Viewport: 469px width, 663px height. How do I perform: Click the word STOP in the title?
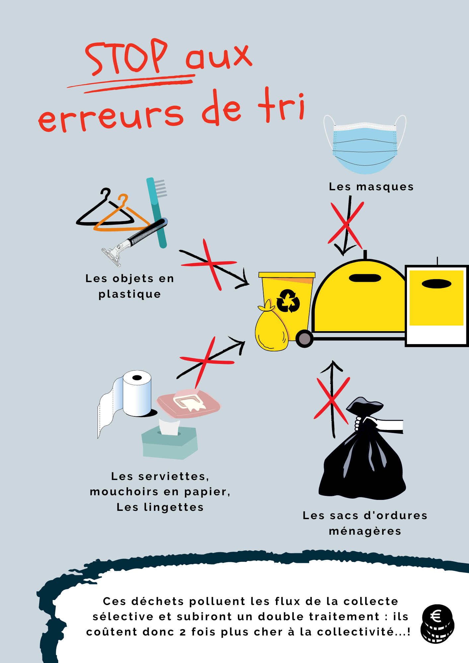126,56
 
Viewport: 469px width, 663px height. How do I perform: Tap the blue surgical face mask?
365,146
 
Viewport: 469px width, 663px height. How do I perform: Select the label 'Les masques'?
371,187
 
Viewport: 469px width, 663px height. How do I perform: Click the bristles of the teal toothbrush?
161,188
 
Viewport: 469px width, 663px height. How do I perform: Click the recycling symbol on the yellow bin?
288,301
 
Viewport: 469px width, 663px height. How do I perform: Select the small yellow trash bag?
271,328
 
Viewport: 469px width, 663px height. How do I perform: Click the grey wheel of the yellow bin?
304,339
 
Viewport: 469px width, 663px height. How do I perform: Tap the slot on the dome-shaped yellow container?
365,278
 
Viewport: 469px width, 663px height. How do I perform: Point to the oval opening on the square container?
436,284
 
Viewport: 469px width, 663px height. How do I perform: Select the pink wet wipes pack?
189,403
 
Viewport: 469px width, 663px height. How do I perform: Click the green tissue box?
170,441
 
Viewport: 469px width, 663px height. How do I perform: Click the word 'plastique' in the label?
130,294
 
